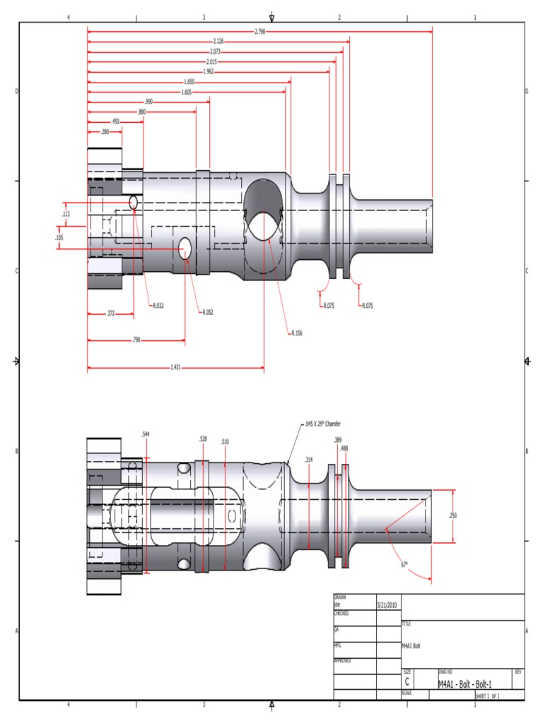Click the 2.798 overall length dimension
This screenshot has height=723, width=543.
point(259,31)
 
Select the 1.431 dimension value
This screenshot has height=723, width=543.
point(175,367)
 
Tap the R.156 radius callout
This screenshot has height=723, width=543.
point(298,333)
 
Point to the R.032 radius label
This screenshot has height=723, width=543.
point(158,306)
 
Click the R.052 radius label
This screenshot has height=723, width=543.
point(207,311)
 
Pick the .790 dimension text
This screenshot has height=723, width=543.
point(136,340)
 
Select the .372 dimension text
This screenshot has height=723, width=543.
point(111,312)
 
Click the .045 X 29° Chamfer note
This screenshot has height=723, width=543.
point(322,424)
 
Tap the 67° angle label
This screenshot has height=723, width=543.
point(404,564)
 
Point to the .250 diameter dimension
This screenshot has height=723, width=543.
point(452,515)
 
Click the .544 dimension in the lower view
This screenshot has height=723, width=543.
point(145,434)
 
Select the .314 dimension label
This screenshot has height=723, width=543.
point(308,459)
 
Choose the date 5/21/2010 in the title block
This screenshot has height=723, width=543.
point(387,605)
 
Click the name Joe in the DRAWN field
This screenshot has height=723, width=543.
point(337,605)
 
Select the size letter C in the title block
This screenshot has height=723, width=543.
point(407,682)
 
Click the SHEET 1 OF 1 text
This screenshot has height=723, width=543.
point(488,696)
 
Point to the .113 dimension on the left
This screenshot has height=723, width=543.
point(66,213)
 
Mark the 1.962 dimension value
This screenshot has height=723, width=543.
point(209,71)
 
